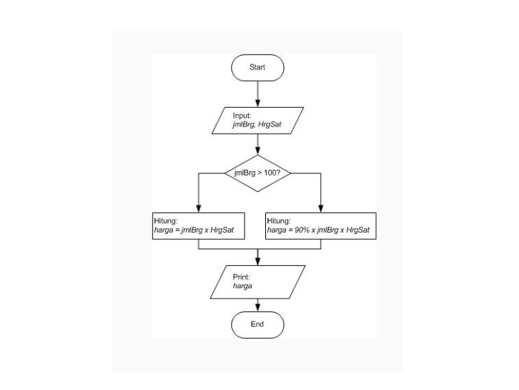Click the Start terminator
coord(257,67)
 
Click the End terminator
coord(257,324)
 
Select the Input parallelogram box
coord(257,121)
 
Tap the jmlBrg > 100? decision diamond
coord(257,173)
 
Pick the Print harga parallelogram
coord(257,282)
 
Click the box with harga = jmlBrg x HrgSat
coord(198,226)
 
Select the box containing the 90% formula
coord(321,226)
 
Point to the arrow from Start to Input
coord(257,93)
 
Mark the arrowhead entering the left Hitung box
coord(198,209)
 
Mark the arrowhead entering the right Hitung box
coord(321,209)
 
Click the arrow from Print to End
coord(257,304)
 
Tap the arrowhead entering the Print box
coord(257,261)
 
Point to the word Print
coord(240,277)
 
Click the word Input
coord(241,116)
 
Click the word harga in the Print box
coord(242,287)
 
